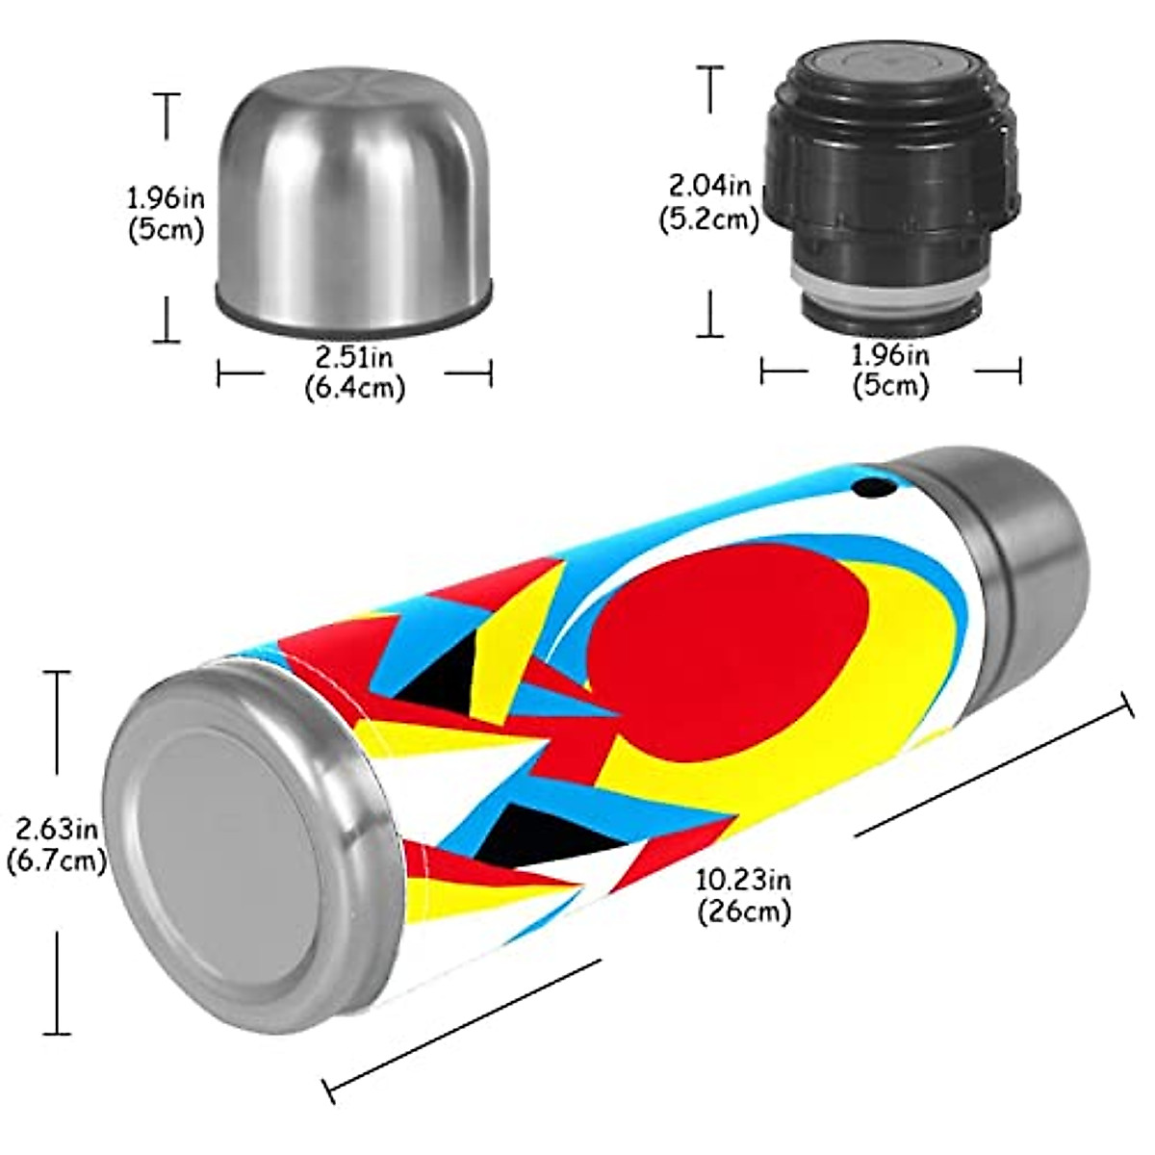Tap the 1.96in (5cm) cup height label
point(166,214)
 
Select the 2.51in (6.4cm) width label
point(354,372)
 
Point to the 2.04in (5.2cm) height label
point(710,201)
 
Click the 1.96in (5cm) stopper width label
point(890,371)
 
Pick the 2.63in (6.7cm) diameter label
point(56,844)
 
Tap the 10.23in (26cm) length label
point(743,895)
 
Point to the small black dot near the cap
point(873,489)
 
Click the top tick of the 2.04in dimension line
point(710,67)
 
